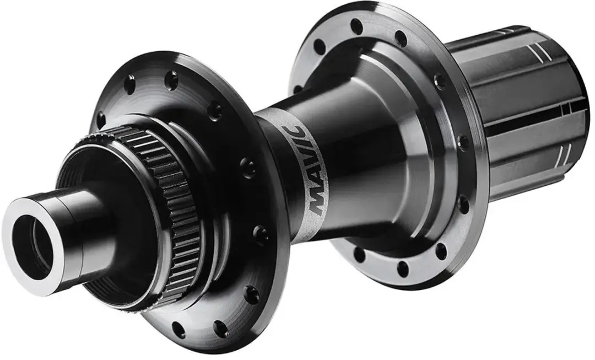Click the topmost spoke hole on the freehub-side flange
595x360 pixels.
(x=356, y=26)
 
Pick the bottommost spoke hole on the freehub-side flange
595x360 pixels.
(x=402, y=268)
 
